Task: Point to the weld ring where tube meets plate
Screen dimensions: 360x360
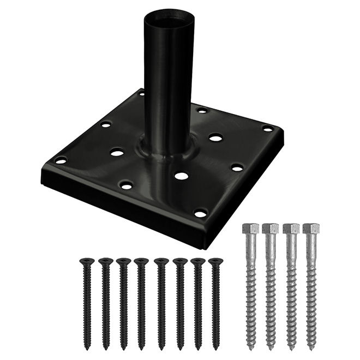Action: [x=164, y=153]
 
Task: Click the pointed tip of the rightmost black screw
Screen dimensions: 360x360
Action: [x=215, y=347]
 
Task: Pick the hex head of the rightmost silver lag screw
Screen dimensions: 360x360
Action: [x=310, y=229]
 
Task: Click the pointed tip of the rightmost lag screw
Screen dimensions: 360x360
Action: [x=311, y=347]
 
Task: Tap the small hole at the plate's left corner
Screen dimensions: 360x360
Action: [x=61, y=160]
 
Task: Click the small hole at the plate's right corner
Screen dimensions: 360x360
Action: [x=267, y=129]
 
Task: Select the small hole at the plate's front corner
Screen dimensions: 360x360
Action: [x=200, y=213]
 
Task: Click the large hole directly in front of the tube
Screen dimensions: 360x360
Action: [x=182, y=176]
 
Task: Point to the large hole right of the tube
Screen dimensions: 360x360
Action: [x=215, y=138]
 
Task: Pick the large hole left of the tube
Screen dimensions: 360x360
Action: [x=117, y=152]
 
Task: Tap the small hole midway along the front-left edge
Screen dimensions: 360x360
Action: [x=126, y=185]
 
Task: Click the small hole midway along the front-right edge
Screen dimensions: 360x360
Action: [x=237, y=167]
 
